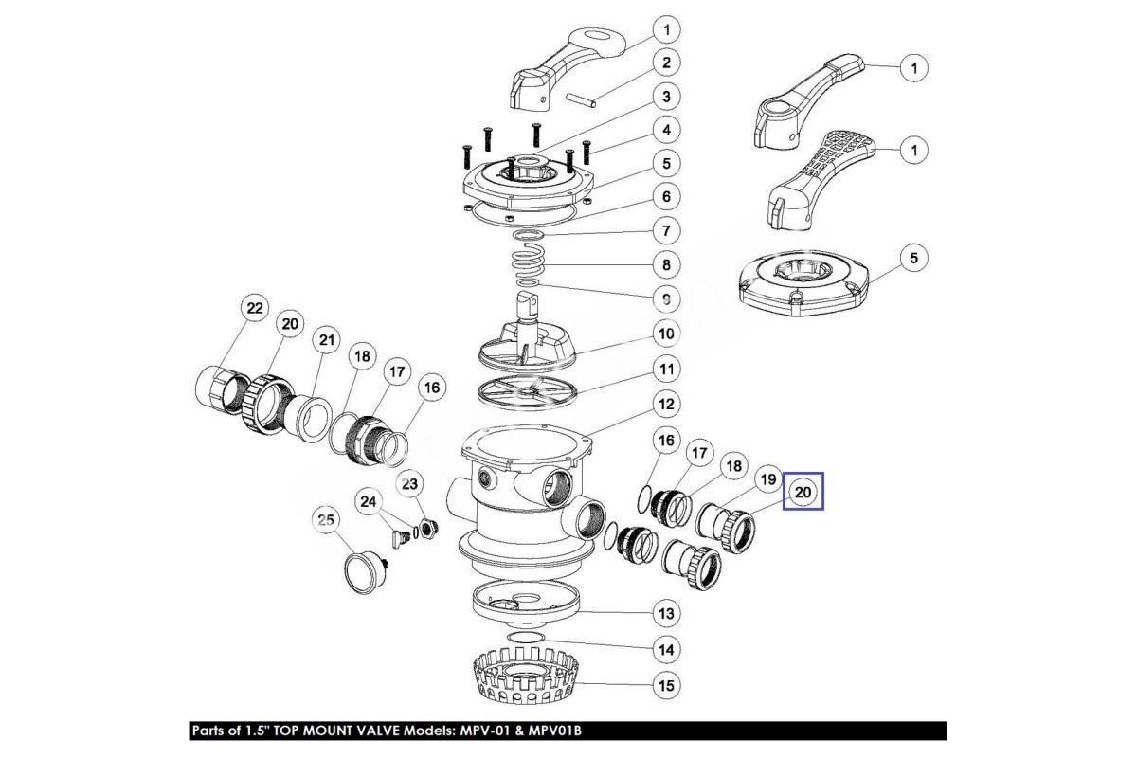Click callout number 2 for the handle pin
666,63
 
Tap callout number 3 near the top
666,97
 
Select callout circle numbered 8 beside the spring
666,264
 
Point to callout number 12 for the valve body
666,405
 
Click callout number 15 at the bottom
666,684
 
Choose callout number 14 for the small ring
666,650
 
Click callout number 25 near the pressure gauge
326,519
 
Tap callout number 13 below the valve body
666,614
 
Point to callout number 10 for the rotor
666,334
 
